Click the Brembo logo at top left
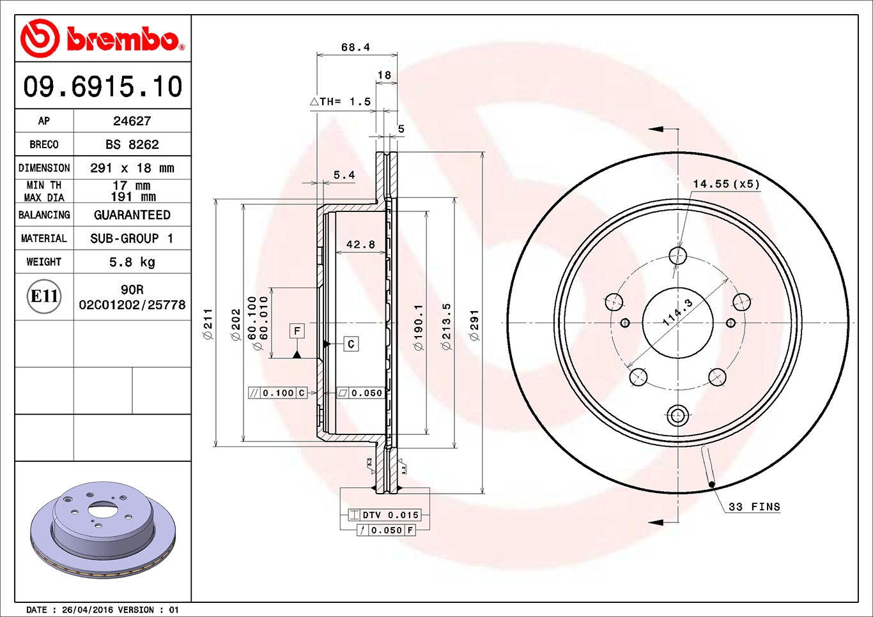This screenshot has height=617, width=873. point(103,38)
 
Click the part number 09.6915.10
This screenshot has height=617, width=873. point(103,86)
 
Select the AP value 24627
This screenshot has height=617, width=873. point(132,121)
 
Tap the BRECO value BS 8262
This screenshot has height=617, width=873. point(132,144)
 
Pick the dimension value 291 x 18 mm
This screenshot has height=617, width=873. point(132,168)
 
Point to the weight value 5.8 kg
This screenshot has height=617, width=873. point(132,262)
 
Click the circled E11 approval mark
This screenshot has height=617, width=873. point(45,296)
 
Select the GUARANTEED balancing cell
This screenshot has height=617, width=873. point(132,215)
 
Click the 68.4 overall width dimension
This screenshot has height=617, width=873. point(355,47)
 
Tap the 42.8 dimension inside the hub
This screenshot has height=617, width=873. point(360,244)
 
